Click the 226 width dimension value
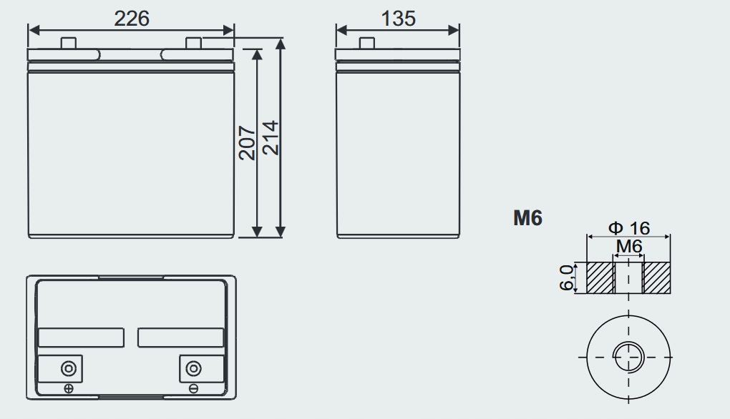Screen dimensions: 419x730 tap(132, 19)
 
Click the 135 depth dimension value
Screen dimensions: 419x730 tap(398, 19)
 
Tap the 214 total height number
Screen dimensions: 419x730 tap(270, 138)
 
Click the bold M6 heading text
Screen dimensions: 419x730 tap(527, 218)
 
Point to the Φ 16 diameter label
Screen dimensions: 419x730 tap(629, 228)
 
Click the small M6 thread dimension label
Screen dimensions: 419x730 tap(629, 247)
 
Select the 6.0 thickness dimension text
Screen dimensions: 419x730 tap(567, 277)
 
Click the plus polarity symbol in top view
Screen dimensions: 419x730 tap(69, 388)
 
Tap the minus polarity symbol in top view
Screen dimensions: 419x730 tap(193, 388)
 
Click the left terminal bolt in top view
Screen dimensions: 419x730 tap(68, 369)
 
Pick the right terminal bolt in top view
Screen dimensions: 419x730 tap(193, 369)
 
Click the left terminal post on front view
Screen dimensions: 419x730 tap(69, 44)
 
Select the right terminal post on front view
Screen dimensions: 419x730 tap(193, 44)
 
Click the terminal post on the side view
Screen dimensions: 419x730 tap(367, 44)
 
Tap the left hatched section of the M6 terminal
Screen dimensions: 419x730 tap(600, 277)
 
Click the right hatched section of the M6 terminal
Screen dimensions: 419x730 tap(657, 277)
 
